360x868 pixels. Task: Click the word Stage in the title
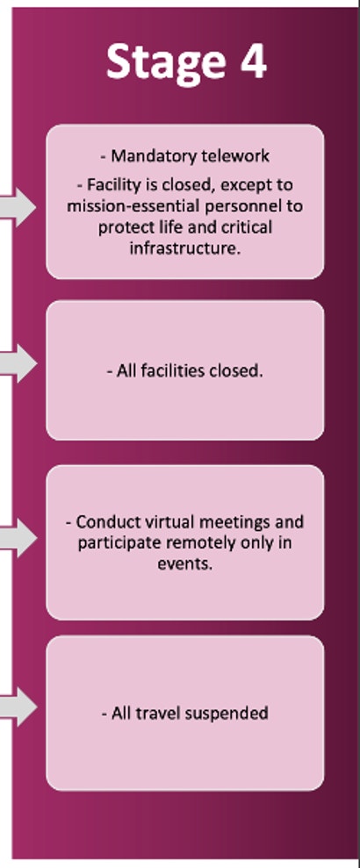click(x=166, y=62)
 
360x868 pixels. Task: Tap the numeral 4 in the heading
click(x=253, y=61)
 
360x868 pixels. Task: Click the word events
click(x=184, y=564)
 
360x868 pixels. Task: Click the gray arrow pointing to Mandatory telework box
click(x=18, y=207)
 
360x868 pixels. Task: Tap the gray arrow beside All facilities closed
click(x=18, y=363)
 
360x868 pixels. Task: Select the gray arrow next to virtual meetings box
click(x=18, y=537)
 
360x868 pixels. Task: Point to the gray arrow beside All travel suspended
click(x=18, y=707)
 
